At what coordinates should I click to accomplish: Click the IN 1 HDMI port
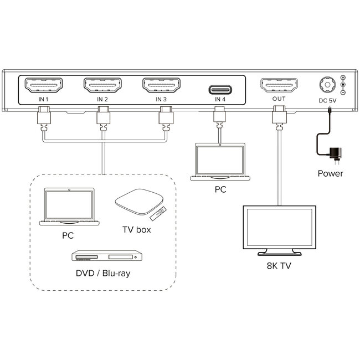tap(44, 86)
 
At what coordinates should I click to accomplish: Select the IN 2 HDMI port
tap(102, 86)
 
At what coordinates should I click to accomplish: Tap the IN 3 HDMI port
tap(161, 86)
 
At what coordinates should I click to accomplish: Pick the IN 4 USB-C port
tap(220, 89)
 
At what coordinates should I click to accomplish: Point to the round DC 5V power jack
tap(326, 85)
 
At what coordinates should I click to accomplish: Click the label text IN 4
tap(220, 100)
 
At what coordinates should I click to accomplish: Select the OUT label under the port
tap(279, 100)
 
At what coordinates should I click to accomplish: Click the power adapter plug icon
tap(336, 152)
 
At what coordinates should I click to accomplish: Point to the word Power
tap(330, 173)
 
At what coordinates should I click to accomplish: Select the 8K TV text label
tap(279, 266)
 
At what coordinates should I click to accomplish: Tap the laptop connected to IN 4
tap(220, 162)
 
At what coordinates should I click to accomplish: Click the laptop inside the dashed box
tap(69, 207)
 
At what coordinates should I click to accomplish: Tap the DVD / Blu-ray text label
tap(104, 273)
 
